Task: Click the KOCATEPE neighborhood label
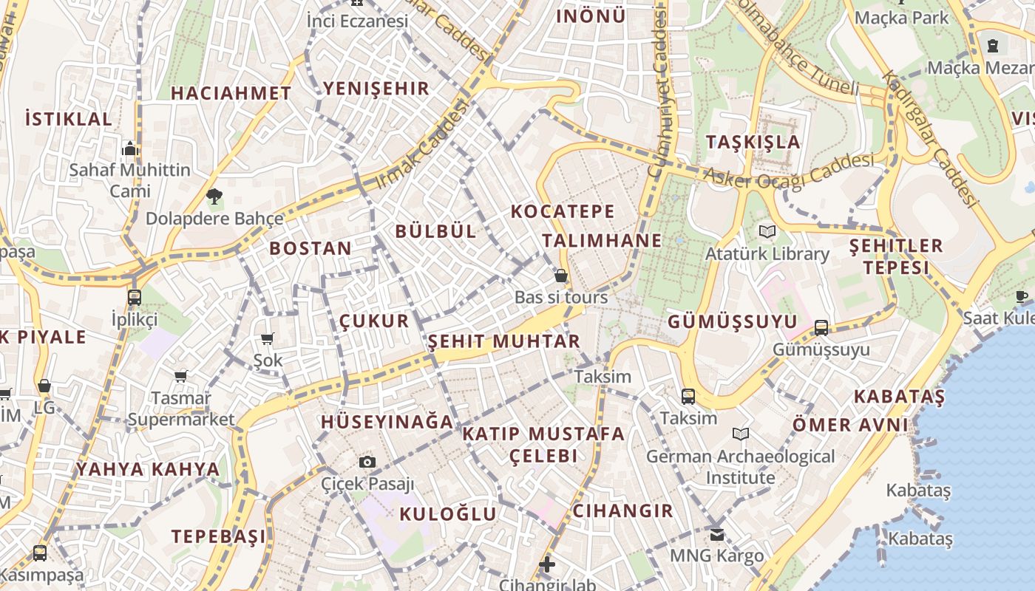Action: pyautogui.click(x=563, y=211)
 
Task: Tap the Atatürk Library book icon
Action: pyautogui.click(x=767, y=232)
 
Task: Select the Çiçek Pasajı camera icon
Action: pyautogui.click(x=367, y=462)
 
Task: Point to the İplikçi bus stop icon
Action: pyautogui.click(x=134, y=298)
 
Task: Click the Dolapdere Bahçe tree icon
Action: pyautogui.click(x=214, y=197)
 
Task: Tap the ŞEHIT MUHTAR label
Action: pyautogui.click(x=504, y=341)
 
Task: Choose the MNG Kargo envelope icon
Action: pyautogui.click(x=716, y=533)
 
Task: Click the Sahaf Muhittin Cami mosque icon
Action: pyautogui.click(x=130, y=148)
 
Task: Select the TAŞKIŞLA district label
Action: pyautogui.click(x=753, y=142)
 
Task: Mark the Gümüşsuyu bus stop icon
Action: pyautogui.click(x=821, y=328)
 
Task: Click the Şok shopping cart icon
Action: pyautogui.click(x=268, y=339)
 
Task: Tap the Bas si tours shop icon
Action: pyautogui.click(x=561, y=276)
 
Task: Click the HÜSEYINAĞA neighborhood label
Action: pyautogui.click(x=387, y=422)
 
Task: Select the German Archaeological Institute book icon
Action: pyautogui.click(x=741, y=434)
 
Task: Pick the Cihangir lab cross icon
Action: pyautogui.click(x=547, y=565)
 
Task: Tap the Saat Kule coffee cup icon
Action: pyautogui.click(x=1022, y=296)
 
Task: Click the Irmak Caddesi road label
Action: pyautogui.click(x=422, y=145)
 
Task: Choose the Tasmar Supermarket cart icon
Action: pyautogui.click(x=181, y=377)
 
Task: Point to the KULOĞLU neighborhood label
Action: pyautogui.click(x=448, y=514)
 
